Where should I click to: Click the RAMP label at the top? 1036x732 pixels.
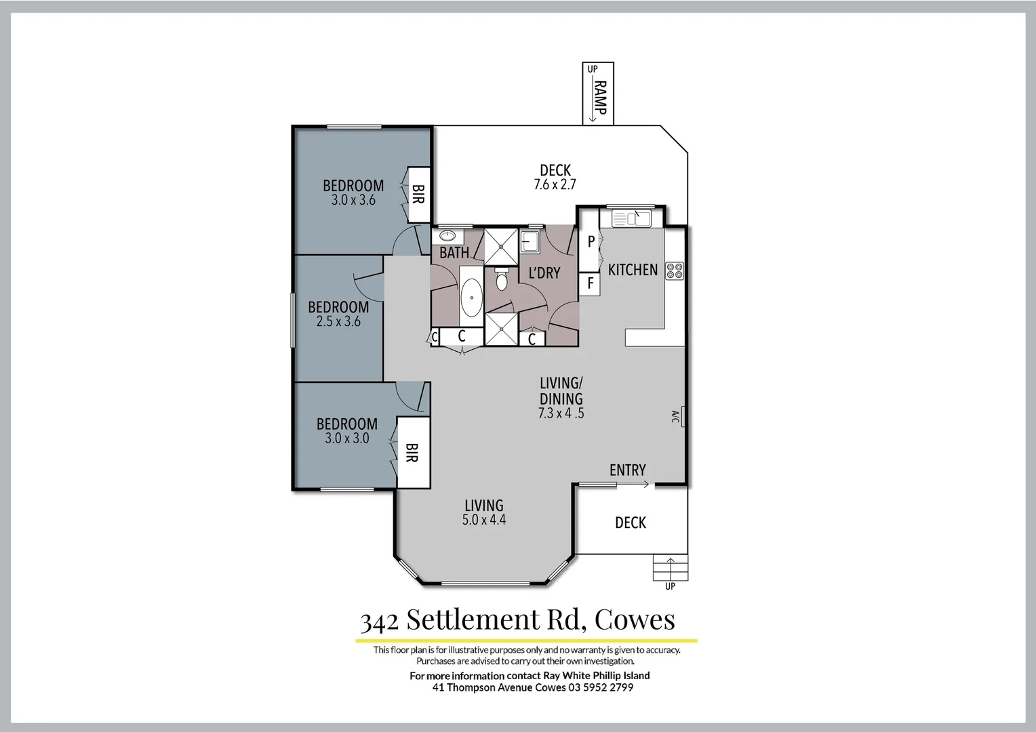tap(600, 98)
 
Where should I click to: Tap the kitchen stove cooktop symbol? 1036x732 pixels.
tap(675, 271)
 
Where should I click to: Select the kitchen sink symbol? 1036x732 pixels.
tap(631, 218)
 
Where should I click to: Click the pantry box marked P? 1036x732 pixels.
tap(591, 242)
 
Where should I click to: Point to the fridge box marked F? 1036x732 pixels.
tap(590, 283)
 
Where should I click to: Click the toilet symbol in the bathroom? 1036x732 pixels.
tap(502, 279)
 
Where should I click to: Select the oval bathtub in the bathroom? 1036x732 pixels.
tap(471, 297)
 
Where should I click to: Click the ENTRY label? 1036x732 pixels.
tap(627, 470)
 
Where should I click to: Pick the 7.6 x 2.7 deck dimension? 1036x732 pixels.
tap(555, 184)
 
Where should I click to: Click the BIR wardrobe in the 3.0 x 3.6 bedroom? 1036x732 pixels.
tap(418, 195)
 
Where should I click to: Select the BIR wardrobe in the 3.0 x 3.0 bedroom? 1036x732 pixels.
tap(412, 453)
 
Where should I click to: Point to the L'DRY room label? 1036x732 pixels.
tap(544, 273)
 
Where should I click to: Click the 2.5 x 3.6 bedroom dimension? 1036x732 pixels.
tap(338, 322)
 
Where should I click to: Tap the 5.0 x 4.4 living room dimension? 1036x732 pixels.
tap(484, 520)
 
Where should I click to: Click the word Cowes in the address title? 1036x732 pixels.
tap(635, 619)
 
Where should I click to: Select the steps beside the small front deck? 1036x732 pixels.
tap(671, 568)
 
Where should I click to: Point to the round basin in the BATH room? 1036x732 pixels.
tap(447, 236)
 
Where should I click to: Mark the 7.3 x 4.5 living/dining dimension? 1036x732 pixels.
tap(561, 413)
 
